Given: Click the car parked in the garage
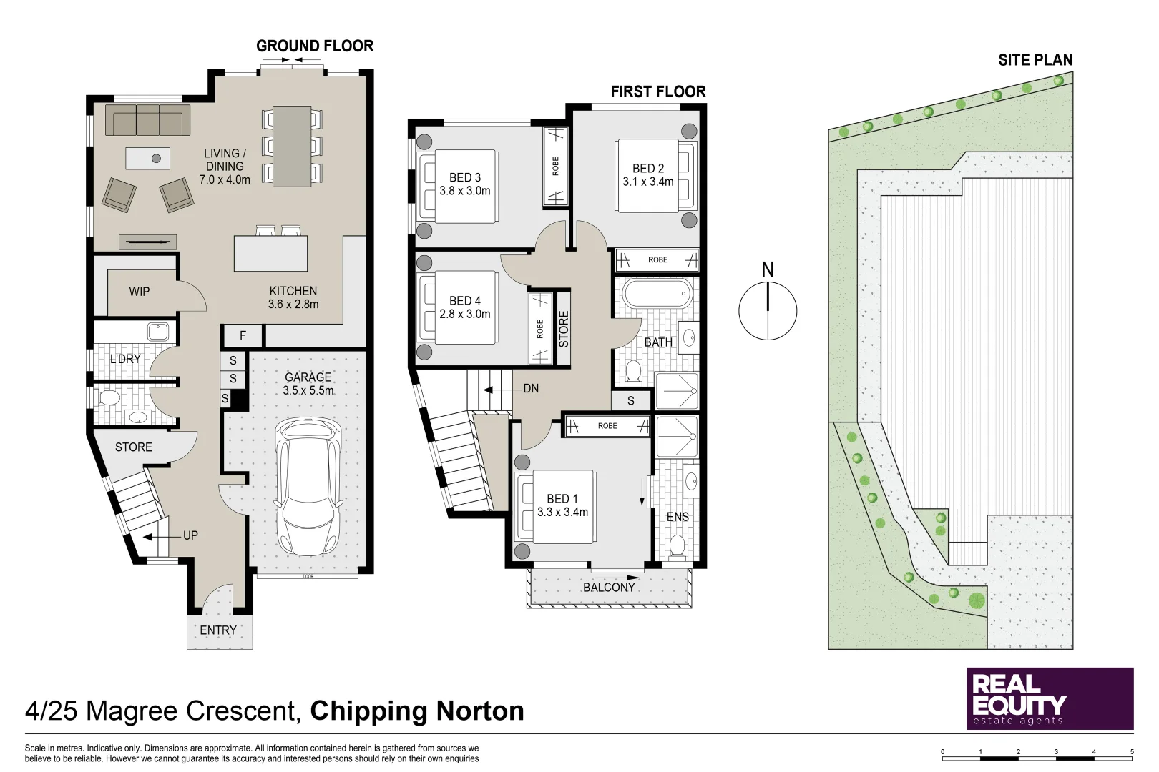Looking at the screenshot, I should [x=309, y=486].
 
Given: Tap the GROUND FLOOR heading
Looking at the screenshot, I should [x=315, y=46].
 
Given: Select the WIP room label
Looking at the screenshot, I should [x=140, y=292].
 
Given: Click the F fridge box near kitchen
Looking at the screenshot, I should [x=243, y=335].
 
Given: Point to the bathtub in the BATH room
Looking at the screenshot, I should [x=657, y=294].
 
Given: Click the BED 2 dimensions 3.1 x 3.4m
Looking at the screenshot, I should [x=648, y=182].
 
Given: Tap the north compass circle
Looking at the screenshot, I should [x=768, y=311].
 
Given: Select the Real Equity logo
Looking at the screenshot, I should [x=1050, y=698].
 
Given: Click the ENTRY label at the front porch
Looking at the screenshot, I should [x=218, y=630].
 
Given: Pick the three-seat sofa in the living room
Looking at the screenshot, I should [x=147, y=120].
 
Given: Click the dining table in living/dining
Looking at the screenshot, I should [x=292, y=146].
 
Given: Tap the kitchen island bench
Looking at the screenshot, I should [x=270, y=254].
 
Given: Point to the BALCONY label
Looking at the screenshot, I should [x=609, y=588].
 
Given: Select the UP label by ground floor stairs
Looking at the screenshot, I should [x=190, y=535].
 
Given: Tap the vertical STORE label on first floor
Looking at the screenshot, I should [x=564, y=330].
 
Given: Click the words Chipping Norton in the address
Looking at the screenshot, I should [x=417, y=711].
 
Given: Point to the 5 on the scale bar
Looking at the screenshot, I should [x=1132, y=752].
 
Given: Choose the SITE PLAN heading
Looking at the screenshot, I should [x=1035, y=61].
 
